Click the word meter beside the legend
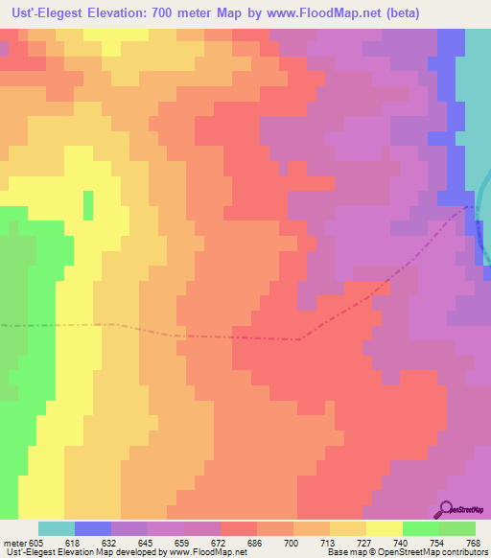point(13,543)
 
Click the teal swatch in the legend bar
point(57,528)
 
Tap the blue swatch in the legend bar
point(93,528)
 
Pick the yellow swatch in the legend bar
point(385,528)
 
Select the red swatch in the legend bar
point(239,528)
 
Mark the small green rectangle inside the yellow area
point(88,205)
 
